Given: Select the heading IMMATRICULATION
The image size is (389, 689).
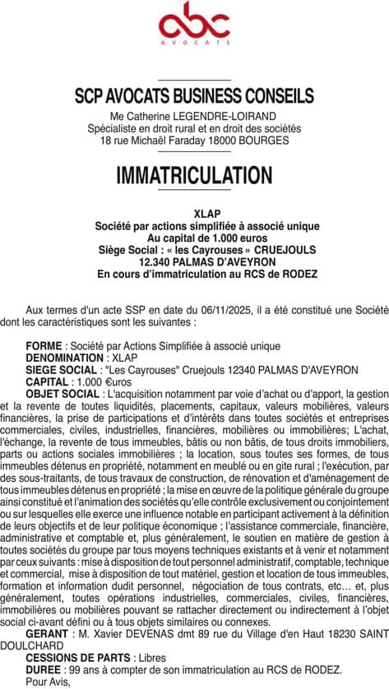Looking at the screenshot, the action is pyautogui.click(x=194, y=175).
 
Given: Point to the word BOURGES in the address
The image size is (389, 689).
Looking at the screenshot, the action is pyautogui.click(x=263, y=141).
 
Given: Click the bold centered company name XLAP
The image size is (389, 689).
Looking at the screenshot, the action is pyautogui.click(x=194, y=214).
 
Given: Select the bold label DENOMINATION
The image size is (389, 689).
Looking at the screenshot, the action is pyautogui.click(x=65, y=359).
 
